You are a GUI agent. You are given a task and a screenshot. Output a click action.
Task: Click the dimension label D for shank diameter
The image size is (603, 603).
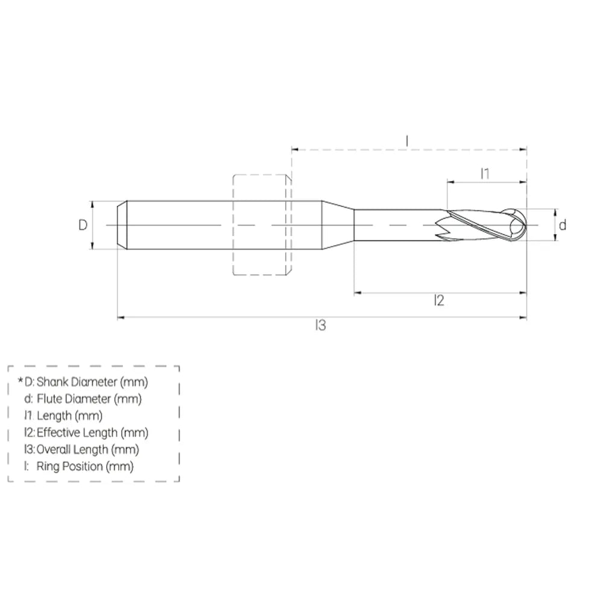pos(83,225)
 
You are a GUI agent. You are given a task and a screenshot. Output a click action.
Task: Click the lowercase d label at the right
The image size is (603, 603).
pos(563,225)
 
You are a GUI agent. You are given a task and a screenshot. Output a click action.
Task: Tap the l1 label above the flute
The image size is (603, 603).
pos(485,174)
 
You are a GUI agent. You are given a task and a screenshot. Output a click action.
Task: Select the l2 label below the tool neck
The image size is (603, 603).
pos(439,300)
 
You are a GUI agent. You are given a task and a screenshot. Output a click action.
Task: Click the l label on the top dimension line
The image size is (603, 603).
pos(407,141)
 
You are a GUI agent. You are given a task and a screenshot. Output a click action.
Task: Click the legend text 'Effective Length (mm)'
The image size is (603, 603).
pos(92,432)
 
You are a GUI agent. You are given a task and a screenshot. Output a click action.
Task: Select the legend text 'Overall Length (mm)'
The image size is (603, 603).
pos(88,449)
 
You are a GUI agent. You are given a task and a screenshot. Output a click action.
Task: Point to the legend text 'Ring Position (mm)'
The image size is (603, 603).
pos(85,466)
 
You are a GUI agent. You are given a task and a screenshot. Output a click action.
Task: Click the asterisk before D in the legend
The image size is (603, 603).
pos(21,380)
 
